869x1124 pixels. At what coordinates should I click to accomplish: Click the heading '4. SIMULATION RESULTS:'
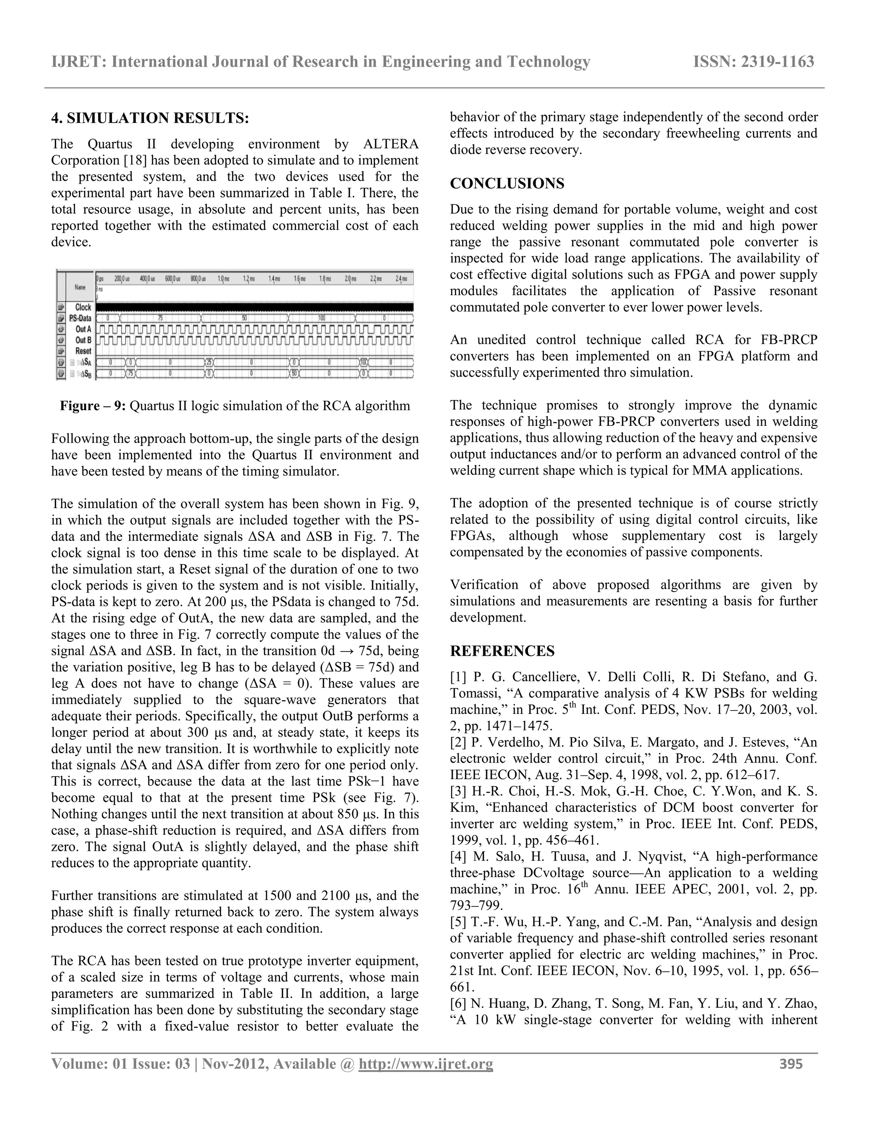click(x=150, y=118)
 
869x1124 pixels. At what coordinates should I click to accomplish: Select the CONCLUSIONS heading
click(x=507, y=184)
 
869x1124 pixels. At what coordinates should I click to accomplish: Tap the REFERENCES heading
click(x=502, y=651)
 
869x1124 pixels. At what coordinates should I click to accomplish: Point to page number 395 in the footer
click(x=791, y=1064)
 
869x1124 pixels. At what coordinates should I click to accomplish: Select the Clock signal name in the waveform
click(x=83, y=307)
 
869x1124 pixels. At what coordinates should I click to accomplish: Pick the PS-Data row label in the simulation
click(x=80, y=319)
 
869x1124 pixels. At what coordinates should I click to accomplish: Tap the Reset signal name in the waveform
click(x=83, y=351)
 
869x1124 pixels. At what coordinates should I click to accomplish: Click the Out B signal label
click(x=83, y=340)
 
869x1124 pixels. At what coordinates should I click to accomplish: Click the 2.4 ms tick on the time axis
click(x=401, y=278)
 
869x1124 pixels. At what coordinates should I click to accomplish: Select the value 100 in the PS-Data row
click(x=322, y=319)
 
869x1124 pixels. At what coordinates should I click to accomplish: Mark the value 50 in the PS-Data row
click(x=244, y=319)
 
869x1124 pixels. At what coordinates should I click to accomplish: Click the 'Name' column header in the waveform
click(x=80, y=287)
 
